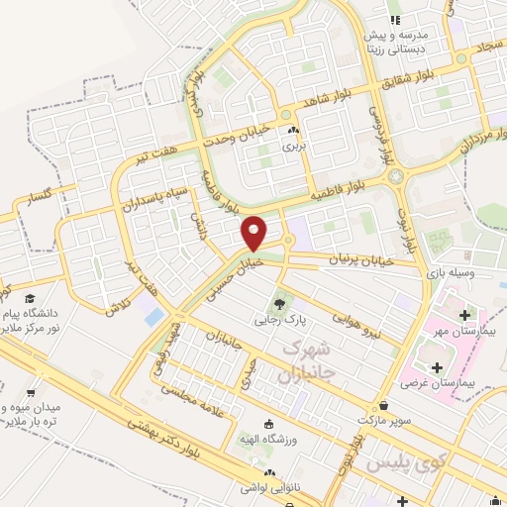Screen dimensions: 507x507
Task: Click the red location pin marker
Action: point(254,232)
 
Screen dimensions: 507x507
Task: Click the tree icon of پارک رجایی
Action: point(281,304)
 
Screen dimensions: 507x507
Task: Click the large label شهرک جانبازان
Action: point(303,361)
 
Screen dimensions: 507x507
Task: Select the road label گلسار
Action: point(41,196)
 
